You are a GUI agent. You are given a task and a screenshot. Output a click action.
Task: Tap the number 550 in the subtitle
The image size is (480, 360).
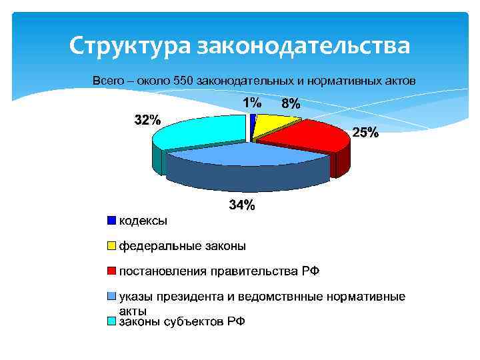point(183,81)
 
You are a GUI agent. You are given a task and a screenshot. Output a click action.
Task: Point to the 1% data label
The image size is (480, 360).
point(251,103)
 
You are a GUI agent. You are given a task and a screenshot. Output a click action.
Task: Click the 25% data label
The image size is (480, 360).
point(365,133)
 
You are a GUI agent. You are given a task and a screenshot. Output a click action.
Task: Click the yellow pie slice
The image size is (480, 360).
point(275,123)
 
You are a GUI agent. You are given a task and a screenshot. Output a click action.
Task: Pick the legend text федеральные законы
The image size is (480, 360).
point(182,246)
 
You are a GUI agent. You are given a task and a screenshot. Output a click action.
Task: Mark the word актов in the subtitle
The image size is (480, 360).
point(400,81)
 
